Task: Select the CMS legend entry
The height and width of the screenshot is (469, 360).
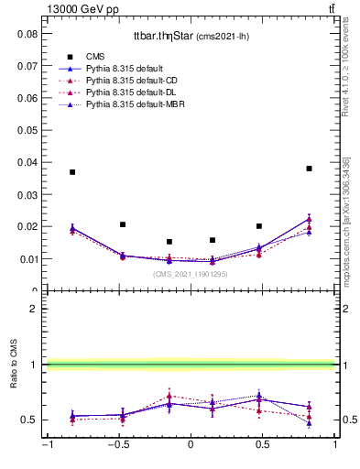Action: click(95, 56)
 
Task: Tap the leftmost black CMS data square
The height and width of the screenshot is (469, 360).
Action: click(72, 172)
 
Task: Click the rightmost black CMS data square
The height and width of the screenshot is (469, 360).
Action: click(310, 169)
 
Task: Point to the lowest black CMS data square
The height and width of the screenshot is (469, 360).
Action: click(169, 242)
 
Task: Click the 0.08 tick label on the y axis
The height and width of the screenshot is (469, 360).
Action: click(27, 33)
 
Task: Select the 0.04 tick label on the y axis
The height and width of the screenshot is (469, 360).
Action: click(27, 162)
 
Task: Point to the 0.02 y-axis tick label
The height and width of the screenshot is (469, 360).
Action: click(27, 226)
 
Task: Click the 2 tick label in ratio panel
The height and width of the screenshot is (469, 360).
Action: click(33, 309)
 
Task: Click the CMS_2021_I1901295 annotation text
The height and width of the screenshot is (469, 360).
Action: click(190, 274)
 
